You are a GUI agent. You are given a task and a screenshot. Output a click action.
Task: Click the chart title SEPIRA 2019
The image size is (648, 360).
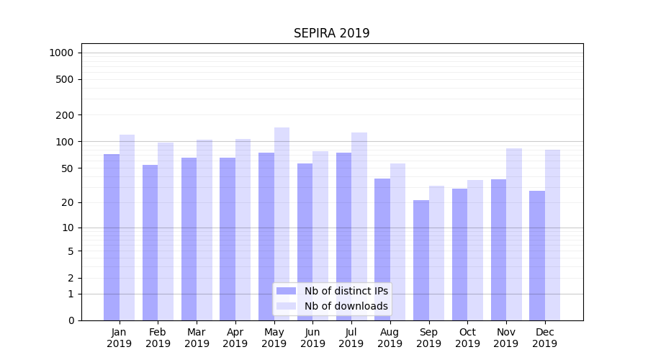pyautogui.click(x=331, y=34)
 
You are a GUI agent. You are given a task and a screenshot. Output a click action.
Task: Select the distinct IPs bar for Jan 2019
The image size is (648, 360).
pyautogui.click(x=112, y=237)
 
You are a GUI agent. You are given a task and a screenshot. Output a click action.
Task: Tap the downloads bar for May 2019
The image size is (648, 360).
pyautogui.click(x=282, y=224)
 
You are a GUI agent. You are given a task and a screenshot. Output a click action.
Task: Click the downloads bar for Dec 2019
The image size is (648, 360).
pyautogui.click(x=552, y=235)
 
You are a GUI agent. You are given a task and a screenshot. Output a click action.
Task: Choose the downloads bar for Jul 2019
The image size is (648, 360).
pyautogui.click(x=359, y=226)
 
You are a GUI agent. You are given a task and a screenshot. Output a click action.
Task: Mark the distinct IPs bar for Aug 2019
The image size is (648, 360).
pyautogui.click(x=382, y=249)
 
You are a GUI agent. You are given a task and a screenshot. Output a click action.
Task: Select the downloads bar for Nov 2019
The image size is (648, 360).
pyautogui.click(x=514, y=234)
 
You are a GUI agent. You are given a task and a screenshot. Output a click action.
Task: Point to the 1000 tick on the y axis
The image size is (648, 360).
pyautogui.click(x=61, y=53)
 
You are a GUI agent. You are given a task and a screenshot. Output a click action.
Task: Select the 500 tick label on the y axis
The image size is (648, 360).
pyautogui.click(x=65, y=79)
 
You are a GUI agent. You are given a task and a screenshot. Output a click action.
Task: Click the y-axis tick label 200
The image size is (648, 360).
pyautogui.click(x=65, y=114)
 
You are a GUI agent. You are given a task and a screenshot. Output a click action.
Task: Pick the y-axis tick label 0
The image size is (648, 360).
pyautogui.click(x=71, y=320)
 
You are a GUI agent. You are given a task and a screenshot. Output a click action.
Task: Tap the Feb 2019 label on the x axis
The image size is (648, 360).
pyautogui.click(x=158, y=338)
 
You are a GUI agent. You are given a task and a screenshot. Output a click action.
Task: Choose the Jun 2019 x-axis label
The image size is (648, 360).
pyautogui.click(x=312, y=338)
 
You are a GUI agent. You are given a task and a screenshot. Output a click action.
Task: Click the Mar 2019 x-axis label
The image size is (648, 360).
pyautogui.click(x=197, y=338)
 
